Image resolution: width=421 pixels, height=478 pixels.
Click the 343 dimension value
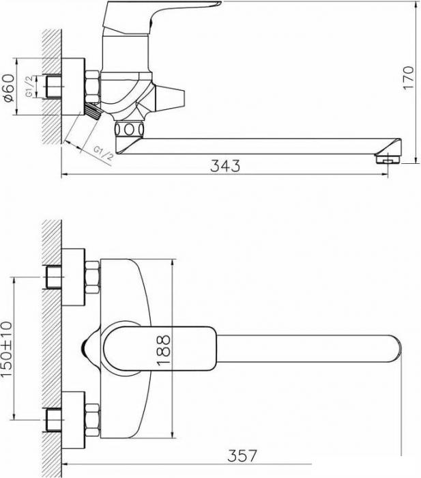[x=225, y=165]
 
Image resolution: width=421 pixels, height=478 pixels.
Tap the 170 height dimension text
[x=409, y=78]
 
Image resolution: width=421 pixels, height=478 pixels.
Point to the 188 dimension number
[x=163, y=350]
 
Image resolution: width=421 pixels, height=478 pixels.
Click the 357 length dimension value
[x=242, y=455]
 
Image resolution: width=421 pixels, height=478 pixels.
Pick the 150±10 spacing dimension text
[x=7, y=349]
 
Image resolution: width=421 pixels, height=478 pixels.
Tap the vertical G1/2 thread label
[x=29, y=87]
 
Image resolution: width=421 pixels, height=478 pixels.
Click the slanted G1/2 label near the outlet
[x=103, y=154]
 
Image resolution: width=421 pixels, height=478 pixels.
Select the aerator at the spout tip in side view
[x=388, y=159]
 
